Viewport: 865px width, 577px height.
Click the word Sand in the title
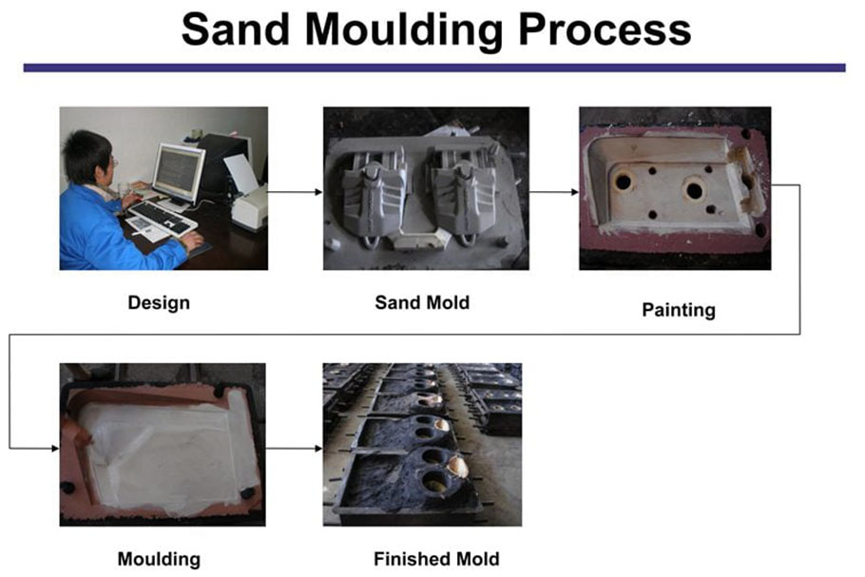coord(236,29)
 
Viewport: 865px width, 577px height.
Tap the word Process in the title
coord(605,29)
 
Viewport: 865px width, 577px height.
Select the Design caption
coord(159,303)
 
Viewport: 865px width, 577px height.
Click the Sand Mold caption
coord(422,302)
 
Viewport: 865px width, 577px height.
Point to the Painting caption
coord(679,310)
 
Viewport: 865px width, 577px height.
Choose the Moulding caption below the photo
coord(159,559)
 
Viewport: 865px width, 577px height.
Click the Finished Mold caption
coord(436,559)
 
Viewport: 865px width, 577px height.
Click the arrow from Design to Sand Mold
coord(295,192)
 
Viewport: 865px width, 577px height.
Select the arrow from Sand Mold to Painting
coord(554,192)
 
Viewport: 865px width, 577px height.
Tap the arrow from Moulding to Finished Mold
coord(294,448)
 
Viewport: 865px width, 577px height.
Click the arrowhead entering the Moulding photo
coord(55,448)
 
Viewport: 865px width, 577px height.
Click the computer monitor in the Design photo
coord(178,173)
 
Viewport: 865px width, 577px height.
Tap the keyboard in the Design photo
coord(163,218)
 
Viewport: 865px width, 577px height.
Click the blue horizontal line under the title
coord(434,67)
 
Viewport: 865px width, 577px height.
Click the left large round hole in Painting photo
coord(624,181)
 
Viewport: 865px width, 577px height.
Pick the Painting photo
coord(675,188)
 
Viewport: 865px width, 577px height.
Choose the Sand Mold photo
coord(426,188)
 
